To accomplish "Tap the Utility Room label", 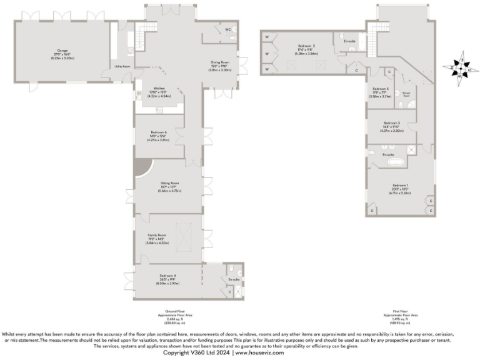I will click(x=121, y=66).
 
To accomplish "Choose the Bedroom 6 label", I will click(x=159, y=132).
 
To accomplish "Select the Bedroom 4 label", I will click(x=166, y=276).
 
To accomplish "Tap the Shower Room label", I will click(x=406, y=95).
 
